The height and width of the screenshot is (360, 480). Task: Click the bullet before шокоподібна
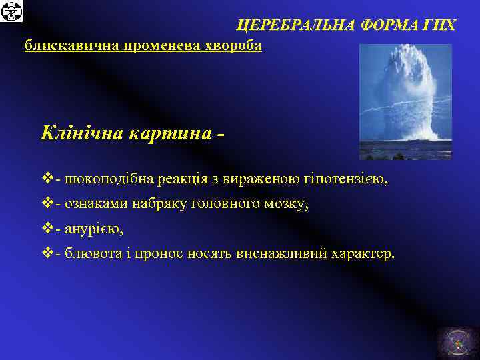tap(46, 180)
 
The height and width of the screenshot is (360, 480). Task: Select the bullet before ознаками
tap(46, 204)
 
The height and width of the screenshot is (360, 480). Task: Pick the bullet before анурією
tap(46, 229)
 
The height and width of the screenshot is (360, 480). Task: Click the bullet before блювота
tap(46, 253)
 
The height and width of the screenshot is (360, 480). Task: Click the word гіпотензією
tap(345, 180)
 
